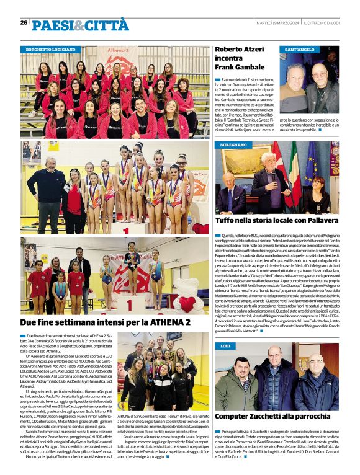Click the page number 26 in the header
point(24,22)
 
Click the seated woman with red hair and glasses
point(324,193)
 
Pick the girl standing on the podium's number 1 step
point(132,260)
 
